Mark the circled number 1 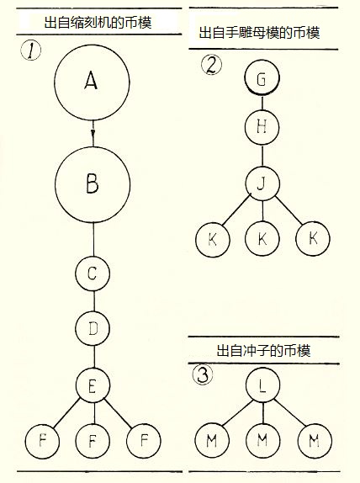[31, 50]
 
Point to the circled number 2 [211, 65]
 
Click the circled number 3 [203, 375]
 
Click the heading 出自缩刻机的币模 [98, 23]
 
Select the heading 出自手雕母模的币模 [259, 33]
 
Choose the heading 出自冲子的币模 [263, 351]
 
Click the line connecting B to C [93, 239]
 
